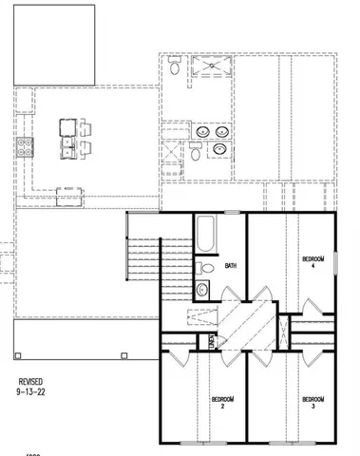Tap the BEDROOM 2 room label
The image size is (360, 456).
pyautogui.click(x=222, y=401)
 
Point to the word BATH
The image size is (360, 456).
pyautogui.click(x=230, y=266)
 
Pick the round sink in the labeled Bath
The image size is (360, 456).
pyautogui.click(x=204, y=290)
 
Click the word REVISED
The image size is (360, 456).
pyautogui.click(x=31, y=379)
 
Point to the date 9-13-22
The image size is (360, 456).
pyautogui.click(x=31, y=390)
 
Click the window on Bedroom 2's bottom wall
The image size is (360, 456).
pyautogui.click(x=195, y=443)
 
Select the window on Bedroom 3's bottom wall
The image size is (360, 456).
pyautogui.click(x=286, y=443)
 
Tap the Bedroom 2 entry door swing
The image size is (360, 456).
pyautogui.click(x=172, y=359)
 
